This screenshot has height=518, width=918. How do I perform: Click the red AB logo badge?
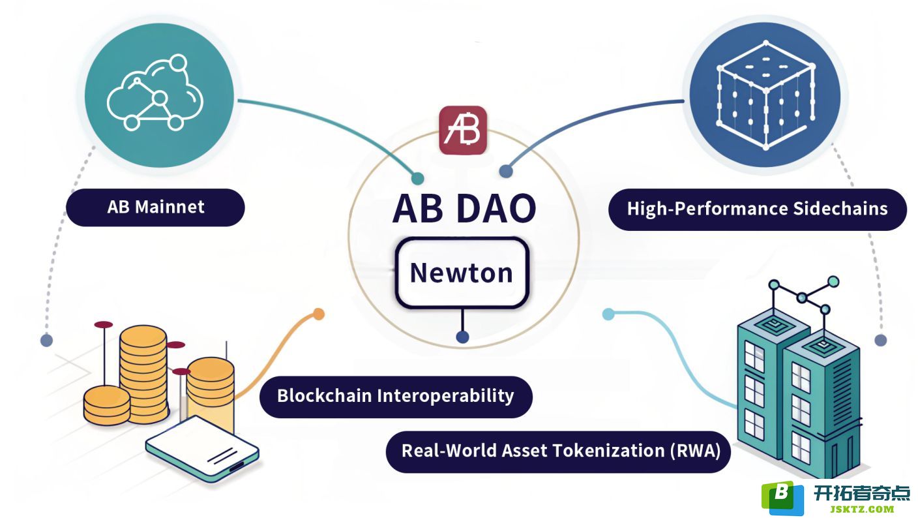pos(463,130)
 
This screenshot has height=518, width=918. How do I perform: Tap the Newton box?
pos(462,273)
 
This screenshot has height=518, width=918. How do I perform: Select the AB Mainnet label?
pos(155,207)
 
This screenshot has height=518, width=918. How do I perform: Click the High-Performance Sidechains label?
pos(758,209)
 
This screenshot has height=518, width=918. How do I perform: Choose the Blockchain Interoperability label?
pos(396,397)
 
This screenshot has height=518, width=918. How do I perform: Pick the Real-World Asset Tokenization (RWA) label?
pos(558,451)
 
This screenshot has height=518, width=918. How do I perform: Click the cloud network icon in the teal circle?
pos(155,93)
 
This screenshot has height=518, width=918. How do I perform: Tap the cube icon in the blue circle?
pos(765,95)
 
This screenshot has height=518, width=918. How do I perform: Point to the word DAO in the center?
pos(496,209)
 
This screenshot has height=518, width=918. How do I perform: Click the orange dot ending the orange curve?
pos(318,314)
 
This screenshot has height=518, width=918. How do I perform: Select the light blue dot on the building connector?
pos(608,314)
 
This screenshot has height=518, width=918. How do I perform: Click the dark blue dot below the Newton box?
pos(463,337)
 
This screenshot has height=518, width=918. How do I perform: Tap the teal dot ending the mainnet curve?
pos(418,178)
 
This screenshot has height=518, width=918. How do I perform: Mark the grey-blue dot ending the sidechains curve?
pos(506,171)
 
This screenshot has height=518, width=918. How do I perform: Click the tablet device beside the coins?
pos(203,449)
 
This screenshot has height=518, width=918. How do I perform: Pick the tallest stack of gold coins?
pos(143,374)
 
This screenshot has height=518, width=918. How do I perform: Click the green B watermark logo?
pos(782,498)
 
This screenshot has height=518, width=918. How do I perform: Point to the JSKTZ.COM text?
pos(862,510)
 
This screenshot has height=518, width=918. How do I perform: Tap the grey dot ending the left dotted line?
pos(47,340)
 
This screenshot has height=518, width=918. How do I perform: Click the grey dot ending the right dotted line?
pos(881,340)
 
